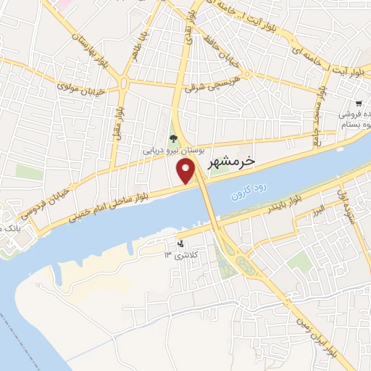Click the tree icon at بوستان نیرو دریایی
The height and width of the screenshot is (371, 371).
tap(172, 138)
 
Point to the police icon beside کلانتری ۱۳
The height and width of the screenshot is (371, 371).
tap(180, 245)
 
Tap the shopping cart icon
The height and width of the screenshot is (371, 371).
tap(359, 104)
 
